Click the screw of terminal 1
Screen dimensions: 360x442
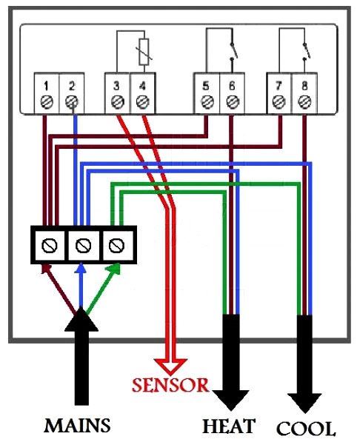tap(47, 101)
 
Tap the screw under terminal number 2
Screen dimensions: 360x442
tap(72, 101)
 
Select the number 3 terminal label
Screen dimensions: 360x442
tap(116, 86)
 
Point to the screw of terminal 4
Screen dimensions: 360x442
tap(142, 101)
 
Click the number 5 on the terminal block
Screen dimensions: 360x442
tap(206, 86)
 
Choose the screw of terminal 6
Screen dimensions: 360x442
tap(232, 101)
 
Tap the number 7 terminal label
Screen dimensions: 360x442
tap(279, 86)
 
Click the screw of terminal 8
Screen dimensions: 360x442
tap(304, 101)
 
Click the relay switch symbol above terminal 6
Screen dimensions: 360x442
tap(233, 51)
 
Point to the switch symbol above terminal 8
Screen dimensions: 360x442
tap(306, 51)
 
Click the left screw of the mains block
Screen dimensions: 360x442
tap(49, 245)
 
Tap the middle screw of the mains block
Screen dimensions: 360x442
tap(83, 245)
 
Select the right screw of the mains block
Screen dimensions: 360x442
tap(116, 245)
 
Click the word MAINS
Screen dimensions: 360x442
tap(77, 426)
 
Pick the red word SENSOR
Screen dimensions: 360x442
tap(170, 385)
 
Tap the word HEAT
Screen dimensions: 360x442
tap(229, 426)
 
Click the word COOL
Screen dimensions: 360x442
tap(306, 429)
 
